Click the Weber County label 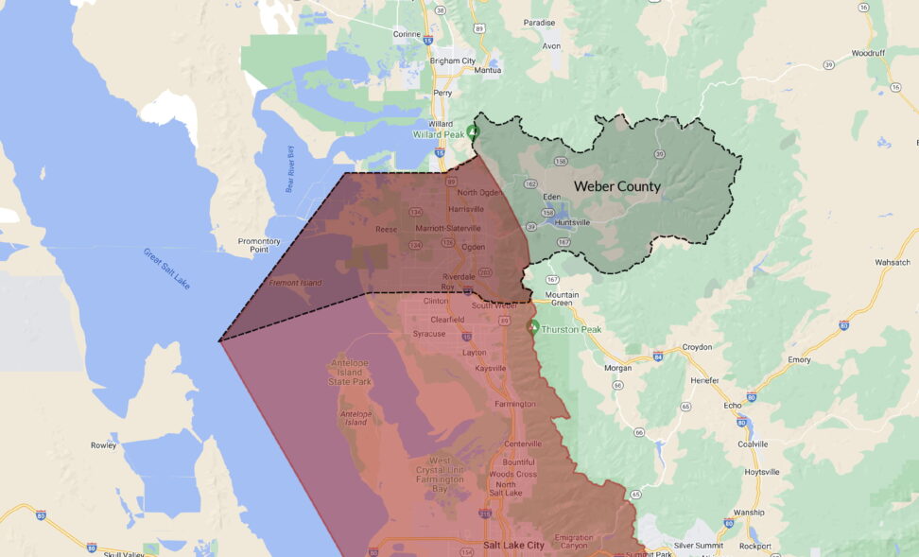(x=616, y=186)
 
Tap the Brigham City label (x=454, y=61)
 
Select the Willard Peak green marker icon (x=474, y=132)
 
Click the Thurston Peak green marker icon (x=532, y=327)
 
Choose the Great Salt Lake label (x=167, y=269)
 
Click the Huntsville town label (x=572, y=222)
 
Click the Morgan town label (x=617, y=367)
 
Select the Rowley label (x=103, y=444)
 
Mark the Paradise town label (x=539, y=22)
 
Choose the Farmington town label (x=514, y=404)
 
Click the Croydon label (x=696, y=347)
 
